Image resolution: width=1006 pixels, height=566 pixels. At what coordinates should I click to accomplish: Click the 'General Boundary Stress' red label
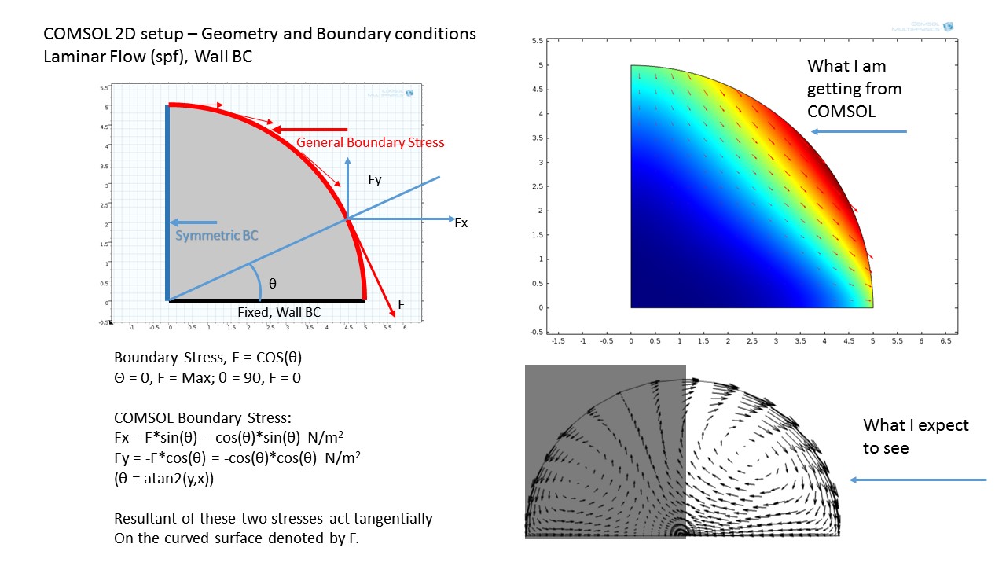tap(370, 142)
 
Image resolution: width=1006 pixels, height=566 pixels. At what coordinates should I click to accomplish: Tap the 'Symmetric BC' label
tap(216, 235)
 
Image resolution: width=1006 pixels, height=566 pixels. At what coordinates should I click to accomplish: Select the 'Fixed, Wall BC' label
tap(279, 312)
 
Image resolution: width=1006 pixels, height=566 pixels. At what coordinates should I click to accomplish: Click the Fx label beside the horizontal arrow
tap(461, 223)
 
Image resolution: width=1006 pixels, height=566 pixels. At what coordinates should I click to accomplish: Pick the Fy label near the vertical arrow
tap(375, 180)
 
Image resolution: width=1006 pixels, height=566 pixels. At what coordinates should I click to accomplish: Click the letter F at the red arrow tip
tap(400, 303)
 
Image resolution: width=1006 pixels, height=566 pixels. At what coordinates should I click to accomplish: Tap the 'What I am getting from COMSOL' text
tap(854, 89)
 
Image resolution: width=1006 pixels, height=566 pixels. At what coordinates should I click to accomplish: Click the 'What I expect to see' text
tap(916, 436)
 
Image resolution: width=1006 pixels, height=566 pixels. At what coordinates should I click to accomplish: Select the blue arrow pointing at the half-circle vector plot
tap(917, 480)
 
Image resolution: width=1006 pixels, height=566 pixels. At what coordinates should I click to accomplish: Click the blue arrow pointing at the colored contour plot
tap(859, 131)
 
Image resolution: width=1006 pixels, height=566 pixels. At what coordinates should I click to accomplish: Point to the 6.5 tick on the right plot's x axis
tap(946, 342)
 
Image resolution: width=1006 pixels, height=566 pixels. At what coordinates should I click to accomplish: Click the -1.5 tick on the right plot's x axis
tap(558, 342)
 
